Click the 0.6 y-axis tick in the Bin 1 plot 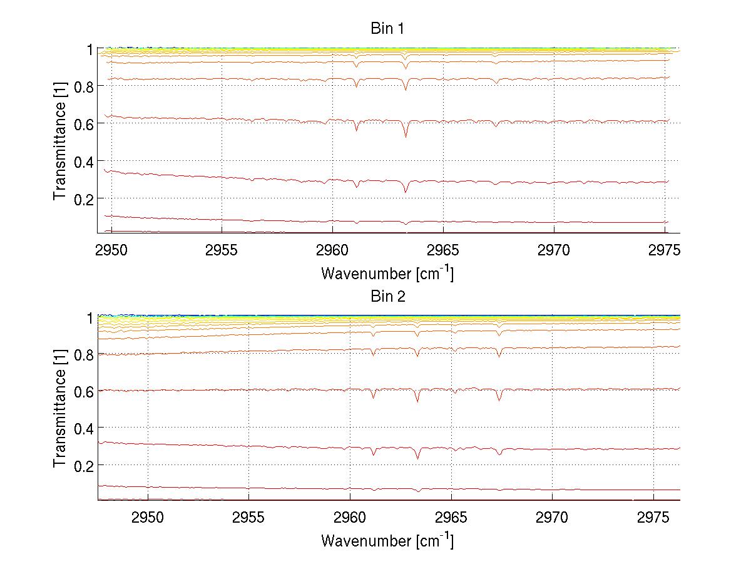coord(83,124)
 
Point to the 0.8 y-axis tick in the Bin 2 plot coord(83,355)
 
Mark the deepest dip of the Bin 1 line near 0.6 coord(406,137)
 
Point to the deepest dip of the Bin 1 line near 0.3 coord(406,192)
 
